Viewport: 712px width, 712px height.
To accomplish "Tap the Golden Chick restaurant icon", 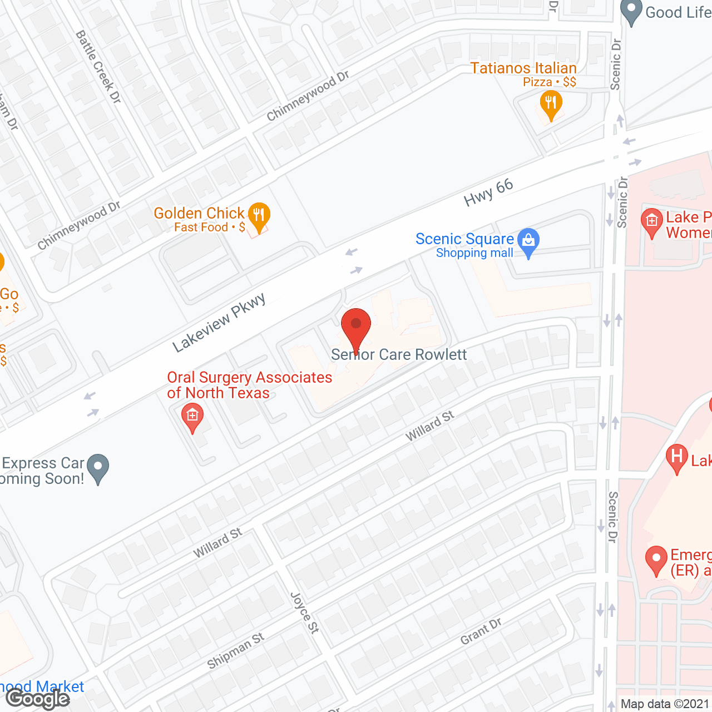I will coord(259,215).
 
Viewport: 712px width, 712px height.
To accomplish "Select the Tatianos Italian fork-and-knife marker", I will coord(551,103).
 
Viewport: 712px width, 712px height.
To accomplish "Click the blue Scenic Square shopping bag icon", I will coord(528,241).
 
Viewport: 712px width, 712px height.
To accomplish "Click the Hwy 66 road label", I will coord(488,192).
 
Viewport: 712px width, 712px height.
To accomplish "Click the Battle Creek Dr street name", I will coord(98,67).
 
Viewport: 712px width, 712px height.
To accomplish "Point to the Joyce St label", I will coord(305,612).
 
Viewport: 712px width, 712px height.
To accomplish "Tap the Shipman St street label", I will coord(235,651).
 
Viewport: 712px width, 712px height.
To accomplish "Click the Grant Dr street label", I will coord(481,631).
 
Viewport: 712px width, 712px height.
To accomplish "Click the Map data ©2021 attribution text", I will coord(665,704).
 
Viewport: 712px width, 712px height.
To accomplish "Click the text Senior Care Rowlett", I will coord(399,354).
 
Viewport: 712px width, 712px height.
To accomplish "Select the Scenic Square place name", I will coord(464,239).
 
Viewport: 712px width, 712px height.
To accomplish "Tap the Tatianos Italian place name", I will coord(523,68).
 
